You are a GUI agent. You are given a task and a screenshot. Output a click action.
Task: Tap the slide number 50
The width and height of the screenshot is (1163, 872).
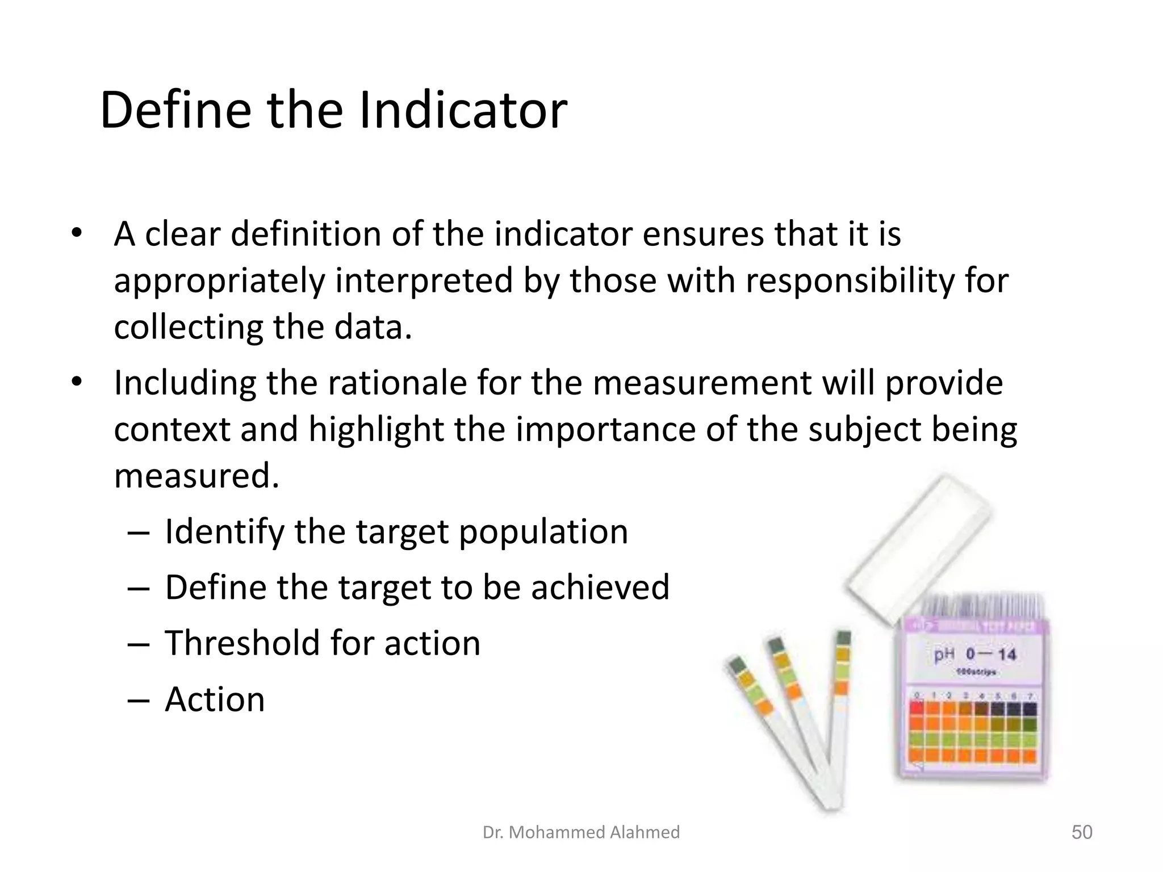(1081, 832)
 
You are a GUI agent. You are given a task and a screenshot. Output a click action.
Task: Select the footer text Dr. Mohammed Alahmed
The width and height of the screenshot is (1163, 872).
(581, 832)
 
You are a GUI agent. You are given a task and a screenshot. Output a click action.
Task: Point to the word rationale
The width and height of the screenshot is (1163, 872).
(398, 383)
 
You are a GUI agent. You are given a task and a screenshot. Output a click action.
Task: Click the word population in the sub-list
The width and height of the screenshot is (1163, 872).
(543, 531)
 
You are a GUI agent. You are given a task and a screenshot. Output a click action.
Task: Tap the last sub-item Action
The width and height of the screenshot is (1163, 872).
(215, 699)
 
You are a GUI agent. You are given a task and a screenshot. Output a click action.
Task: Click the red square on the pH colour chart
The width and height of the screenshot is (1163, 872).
(916, 708)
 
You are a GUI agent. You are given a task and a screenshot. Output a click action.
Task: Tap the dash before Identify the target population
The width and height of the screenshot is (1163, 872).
(138, 533)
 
